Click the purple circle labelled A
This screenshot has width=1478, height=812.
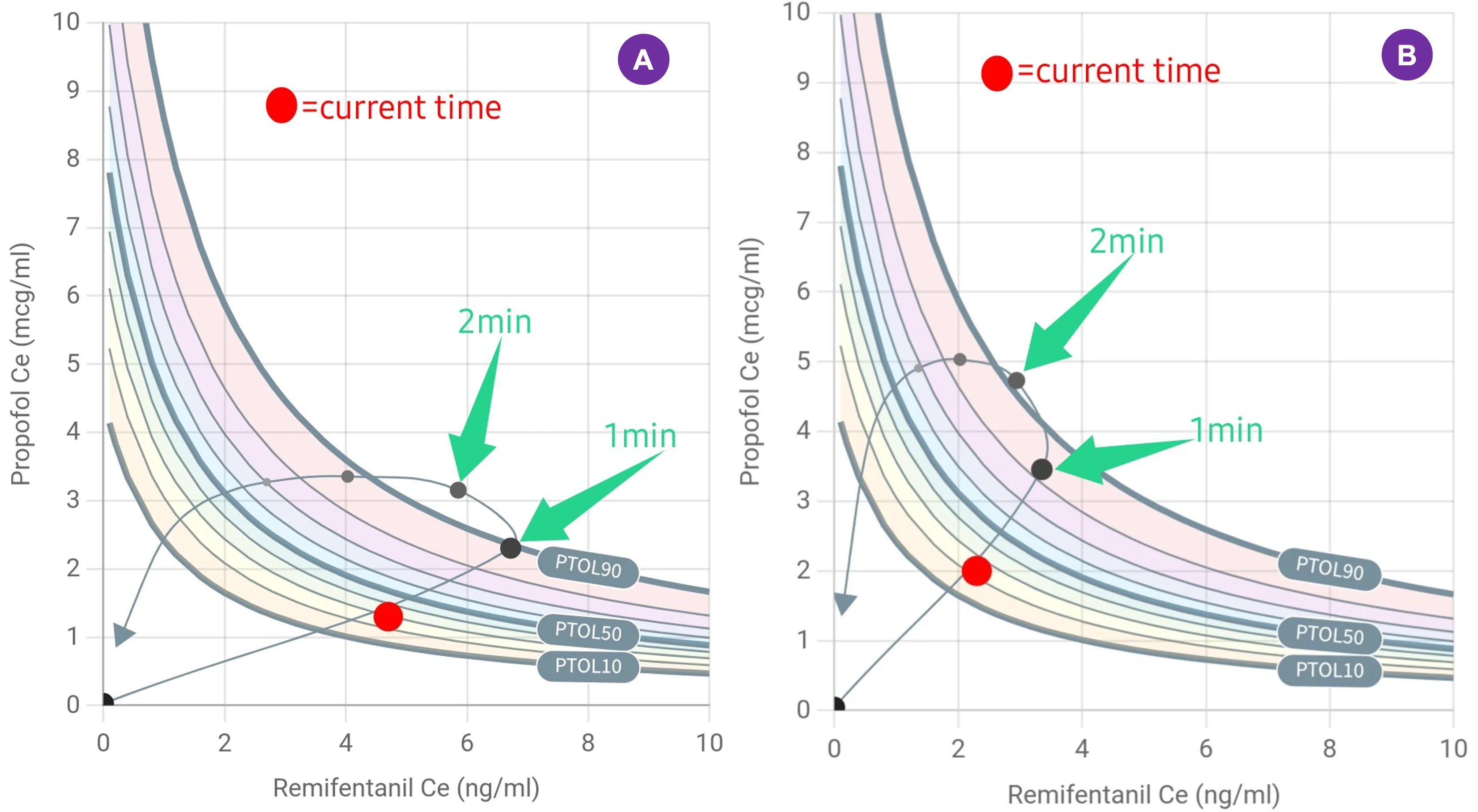click(x=643, y=59)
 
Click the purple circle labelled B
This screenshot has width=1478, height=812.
click(x=1407, y=55)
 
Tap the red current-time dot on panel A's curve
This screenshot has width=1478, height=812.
click(x=388, y=617)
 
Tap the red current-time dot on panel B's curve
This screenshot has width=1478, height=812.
click(x=976, y=571)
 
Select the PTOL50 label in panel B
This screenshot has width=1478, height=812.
click(x=1329, y=635)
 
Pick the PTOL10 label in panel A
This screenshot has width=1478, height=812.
click(x=588, y=665)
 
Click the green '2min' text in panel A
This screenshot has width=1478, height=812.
click(x=495, y=321)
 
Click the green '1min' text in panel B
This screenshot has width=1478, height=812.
click(x=1226, y=430)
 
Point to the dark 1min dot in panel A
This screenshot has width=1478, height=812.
click(x=510, y=548)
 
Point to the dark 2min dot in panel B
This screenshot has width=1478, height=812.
click(x=1016, y=380)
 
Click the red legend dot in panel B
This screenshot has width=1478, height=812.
click(x=997, y=73)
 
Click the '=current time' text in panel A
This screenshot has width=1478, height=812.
click(x=401, y=108)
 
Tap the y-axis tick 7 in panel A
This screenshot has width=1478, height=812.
click(x=73, y=227)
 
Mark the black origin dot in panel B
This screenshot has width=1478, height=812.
click(x=838, y=705)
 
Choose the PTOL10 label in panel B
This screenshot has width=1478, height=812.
click(x=1329, y=670)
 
